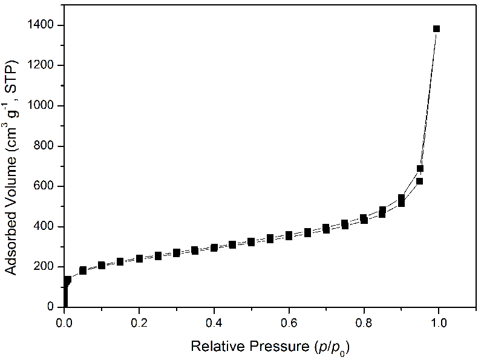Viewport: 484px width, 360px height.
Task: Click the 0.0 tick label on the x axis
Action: tap(65, 322)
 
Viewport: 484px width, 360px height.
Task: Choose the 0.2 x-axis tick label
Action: tap(140, 322)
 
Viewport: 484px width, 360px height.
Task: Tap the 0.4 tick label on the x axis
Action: tap(214, 322)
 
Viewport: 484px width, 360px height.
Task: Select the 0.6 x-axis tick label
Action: tap(289, 322)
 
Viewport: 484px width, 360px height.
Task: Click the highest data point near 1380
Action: tap(436, 28)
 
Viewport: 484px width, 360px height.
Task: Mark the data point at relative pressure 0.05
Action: tap(83, 270)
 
